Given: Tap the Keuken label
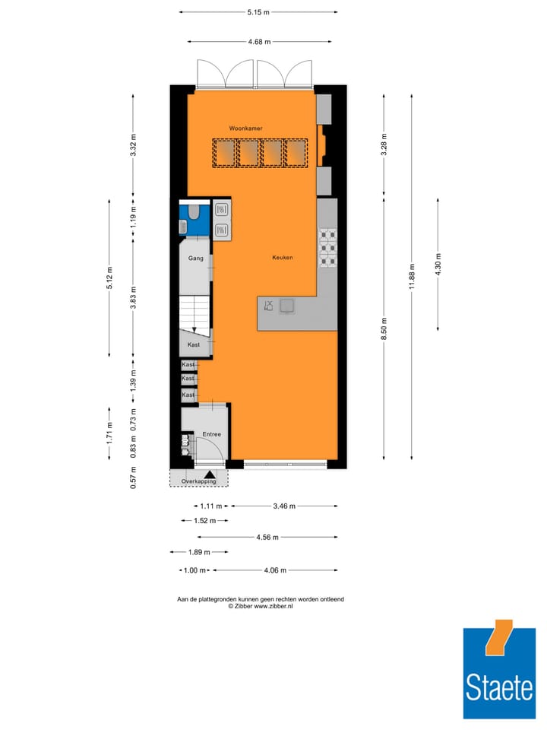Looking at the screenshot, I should click(x=283, y=258).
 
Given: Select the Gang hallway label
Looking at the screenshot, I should click(x=196, y=259).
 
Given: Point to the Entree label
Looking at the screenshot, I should click(x=210, y=434).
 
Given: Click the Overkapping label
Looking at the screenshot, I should click(x=198, y=481).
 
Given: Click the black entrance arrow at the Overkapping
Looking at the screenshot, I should click(x=209, y=474).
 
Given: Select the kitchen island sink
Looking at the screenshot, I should click(x=287, y=306).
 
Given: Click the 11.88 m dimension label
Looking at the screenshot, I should click(x=412, y=276).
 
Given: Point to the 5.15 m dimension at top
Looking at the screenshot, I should click(x=258, y=12).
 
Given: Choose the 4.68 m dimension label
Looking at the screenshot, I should click(x=258, y=43).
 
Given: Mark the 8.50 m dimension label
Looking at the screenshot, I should click(x=384, y=328).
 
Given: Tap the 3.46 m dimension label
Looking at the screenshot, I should click(x=283, y=506).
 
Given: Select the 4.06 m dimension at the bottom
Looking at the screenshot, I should click(x=275, y=570).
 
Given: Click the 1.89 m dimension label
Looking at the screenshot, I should click(x=198, y=553).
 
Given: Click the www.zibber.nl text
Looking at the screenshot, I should click(x=273, y=606).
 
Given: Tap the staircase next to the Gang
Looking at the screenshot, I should click(x=195, y=313).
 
